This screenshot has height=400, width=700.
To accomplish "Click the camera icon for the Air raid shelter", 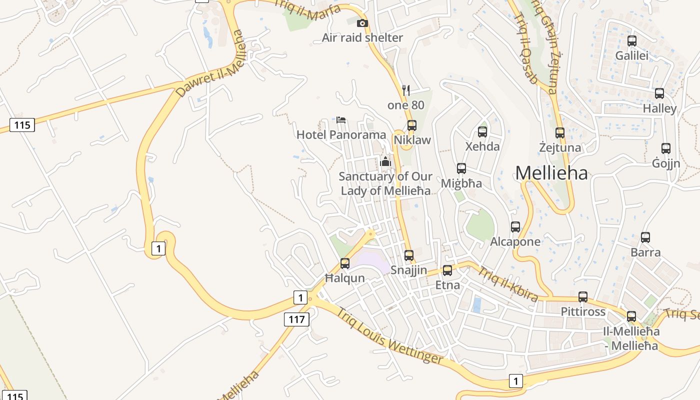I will point(362,23).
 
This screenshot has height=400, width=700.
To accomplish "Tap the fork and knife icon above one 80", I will point(406,90).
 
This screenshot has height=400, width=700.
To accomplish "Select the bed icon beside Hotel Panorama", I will point(341,119).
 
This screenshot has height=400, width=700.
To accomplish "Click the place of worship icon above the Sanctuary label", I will point(385,161).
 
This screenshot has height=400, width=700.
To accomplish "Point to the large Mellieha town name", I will point(551,173).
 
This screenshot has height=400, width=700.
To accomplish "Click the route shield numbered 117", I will point(296,319).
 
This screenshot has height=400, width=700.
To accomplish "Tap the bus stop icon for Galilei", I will point(632,41).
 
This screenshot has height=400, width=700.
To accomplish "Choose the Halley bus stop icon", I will point(659,93).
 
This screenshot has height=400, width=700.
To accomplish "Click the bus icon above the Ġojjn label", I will point(666,148).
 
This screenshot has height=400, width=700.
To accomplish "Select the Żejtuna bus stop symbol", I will point(560,133).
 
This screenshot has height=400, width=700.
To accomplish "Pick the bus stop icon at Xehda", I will point(482,132).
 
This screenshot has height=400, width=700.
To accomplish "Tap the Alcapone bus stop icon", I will point(515,227).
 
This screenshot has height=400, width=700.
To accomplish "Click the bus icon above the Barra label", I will point(645,237).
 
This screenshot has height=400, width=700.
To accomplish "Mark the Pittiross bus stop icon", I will point(583,297).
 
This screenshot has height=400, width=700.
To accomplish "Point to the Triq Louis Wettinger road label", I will point(390,336).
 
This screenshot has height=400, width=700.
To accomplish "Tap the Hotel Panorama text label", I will point(341,134).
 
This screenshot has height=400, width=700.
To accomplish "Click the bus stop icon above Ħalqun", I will point(345,263).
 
